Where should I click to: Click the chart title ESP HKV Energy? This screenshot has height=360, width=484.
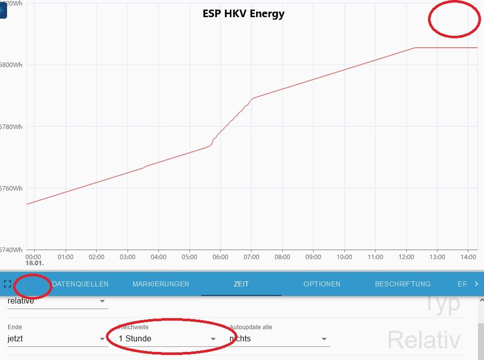pyautogui.click(x=244, y=14)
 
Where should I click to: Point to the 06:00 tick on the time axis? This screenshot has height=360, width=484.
pyautogui.click(x=220, y=257)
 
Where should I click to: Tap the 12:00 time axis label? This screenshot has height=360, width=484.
pyautogui.click(x=406, y=257)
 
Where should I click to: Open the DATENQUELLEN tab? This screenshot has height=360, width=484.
pyautogui.click(x=80, y=284)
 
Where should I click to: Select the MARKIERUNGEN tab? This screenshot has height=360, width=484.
pyautogui.click(x=160, y=284)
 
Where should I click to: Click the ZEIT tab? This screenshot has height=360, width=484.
pyautogui.click(x=241, y=284)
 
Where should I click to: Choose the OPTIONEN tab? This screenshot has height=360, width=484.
pyautogui.click(x=322, y=284)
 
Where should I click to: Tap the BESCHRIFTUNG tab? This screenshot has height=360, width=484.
pyautogui.click(x=402, y=284)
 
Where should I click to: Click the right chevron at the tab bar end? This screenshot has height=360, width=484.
pyautogui.click(x=476, y=284)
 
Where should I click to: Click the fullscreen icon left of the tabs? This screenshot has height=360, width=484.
pyautogui.click(x=7, y=284)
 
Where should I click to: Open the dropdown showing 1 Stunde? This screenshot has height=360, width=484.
pyautogui.click(x=167, y=339)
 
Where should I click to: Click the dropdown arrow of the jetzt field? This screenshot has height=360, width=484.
pyautogui.click(x=102, y=339)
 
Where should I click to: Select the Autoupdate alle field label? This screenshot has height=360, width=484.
pyautogui.click(x=251, y=327)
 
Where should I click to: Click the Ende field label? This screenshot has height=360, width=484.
pyautogui.click(x=15, y=327)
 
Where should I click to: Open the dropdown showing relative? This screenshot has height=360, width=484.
pyautogui.click(x=57, y=302)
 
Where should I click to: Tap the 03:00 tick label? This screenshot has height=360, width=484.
pyautogui.click(x=128, y=257)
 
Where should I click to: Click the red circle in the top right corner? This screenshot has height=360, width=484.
pyautogui.click(x=454, y=19)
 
